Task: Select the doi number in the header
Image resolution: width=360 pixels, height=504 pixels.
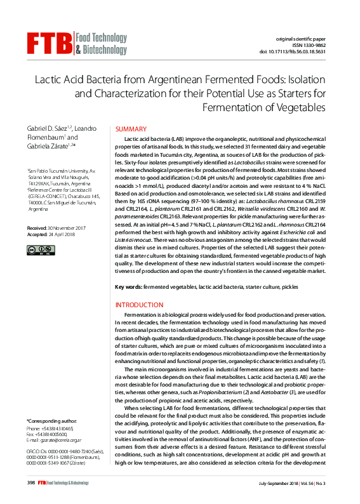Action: click(313, 52)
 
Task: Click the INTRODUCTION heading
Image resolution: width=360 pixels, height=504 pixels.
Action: click(139, 305)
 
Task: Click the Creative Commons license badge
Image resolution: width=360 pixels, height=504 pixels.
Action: click(35, 251)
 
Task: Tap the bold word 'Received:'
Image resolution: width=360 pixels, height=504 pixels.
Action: click(37, 228)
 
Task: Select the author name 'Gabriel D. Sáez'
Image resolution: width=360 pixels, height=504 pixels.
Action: click(48, 129)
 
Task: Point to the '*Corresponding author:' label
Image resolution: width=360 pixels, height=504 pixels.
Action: click(51, 421)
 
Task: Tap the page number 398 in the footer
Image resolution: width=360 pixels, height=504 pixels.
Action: click(30, 483)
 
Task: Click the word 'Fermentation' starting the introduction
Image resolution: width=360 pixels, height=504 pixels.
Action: click(141, 315)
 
